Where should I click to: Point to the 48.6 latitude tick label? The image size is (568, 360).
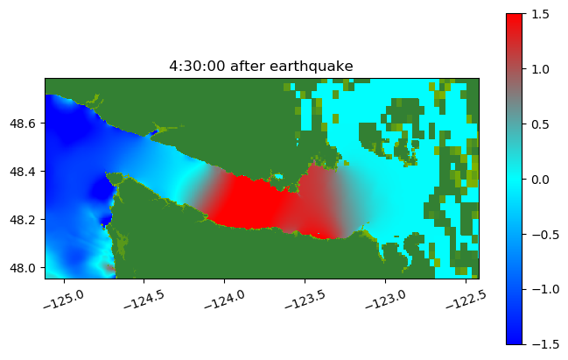[x=23, y=124]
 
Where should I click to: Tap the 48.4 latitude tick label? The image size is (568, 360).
[x=23, y=172]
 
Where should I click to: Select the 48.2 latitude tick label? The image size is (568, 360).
[x=23, y=220]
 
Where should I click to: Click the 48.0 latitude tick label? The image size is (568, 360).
[x=23, y=268]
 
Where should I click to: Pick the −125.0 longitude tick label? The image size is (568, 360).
[x=64, y=300]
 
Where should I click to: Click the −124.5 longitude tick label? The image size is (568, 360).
[x=144, y=300]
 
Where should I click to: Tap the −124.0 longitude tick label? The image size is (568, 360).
[x=225, y=300]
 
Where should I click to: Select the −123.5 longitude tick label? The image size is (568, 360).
[x=305, y=300]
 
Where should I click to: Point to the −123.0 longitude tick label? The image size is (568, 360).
[x=386, y=300]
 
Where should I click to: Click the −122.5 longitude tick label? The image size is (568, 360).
[x=466, y=300]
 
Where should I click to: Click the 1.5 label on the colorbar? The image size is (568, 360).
[x=541, y=14]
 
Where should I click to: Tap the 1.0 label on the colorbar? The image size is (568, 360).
[x=541, y=69]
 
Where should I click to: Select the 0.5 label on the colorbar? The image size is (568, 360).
[x=541, y=124]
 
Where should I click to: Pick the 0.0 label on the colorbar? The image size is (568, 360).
[x=541, y=180]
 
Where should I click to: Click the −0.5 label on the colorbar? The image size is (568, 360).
[x=545, y=235]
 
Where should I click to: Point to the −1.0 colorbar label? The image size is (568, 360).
[x=545, y=290]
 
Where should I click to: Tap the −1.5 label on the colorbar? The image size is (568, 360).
[x=545, y=345]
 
